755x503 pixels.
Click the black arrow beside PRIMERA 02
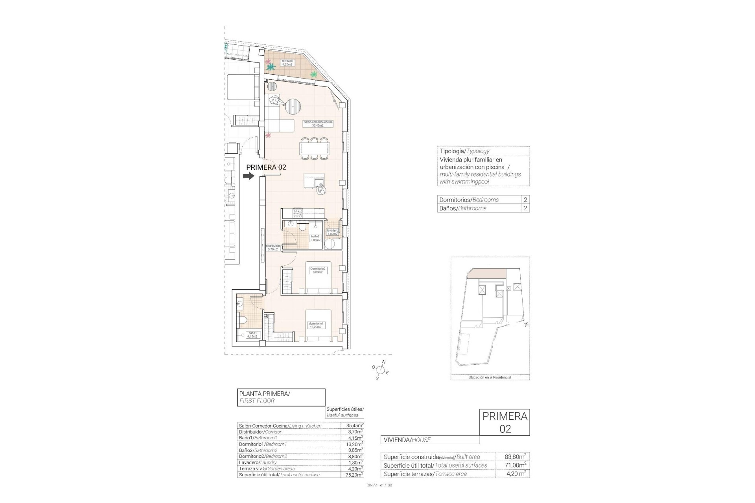[249, 176]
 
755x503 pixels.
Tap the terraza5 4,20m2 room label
[287, 63]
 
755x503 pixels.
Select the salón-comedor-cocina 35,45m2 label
[318, 124]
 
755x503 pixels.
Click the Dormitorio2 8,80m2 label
[318, 270]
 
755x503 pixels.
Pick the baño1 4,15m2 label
[252, 335]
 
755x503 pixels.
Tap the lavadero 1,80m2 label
[332, 232]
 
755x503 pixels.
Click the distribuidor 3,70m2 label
[273, 248]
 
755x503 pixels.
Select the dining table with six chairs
[314, 149]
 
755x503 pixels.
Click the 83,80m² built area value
[515, 457]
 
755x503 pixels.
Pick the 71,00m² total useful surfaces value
[515, 465]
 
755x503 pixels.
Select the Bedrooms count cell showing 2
[525, 200]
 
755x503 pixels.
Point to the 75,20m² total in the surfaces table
[352, 475]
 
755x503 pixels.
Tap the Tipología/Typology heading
[464, 151]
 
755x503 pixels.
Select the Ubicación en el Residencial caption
[490, 377]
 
